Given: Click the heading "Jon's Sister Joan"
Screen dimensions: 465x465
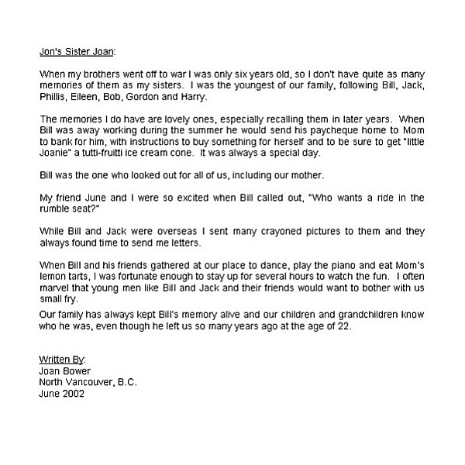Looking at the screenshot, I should click(76, 52).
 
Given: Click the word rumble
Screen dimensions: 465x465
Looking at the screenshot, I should click(57, 210).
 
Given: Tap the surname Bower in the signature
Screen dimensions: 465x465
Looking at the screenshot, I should click(76, 372).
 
